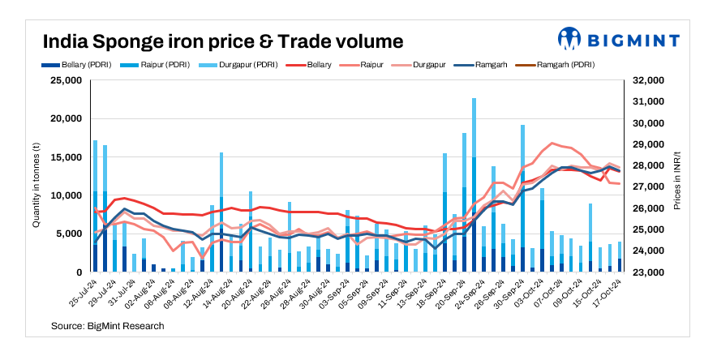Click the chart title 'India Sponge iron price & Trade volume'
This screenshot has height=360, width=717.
coord(222,40)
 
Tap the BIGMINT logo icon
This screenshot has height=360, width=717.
coord(569,38)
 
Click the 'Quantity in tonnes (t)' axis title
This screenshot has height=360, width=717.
coord(36,177)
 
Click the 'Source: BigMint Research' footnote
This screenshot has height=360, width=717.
coord(107,326)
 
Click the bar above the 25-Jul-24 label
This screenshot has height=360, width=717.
coord(96,207)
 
